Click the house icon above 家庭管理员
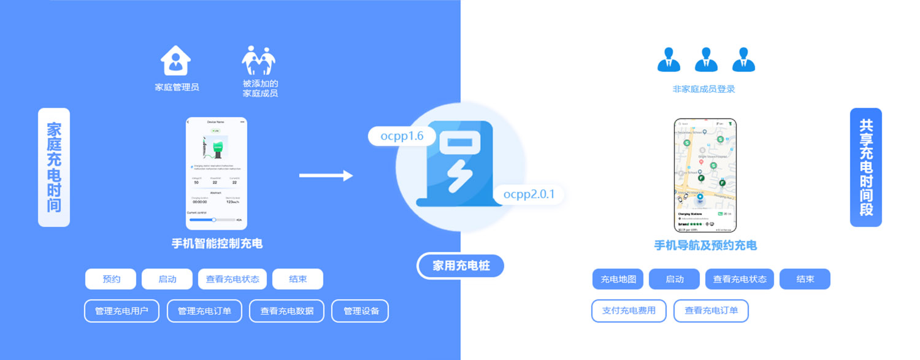[x=176, y=60]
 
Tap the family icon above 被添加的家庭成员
[x=258, y=60]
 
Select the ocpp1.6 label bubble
[x=402, y=136]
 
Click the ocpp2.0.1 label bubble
[x=529, y=194]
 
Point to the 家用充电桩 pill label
[x=461, y=266]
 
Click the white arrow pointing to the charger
[x=326, y=176]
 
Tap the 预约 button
[x=111, y=279]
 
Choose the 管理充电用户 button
[x=121, y=311]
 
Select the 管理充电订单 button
[x=204, y=311]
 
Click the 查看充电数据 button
[x=287, y=311]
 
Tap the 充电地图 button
[x=618, y=279]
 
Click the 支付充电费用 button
[x=629, y=310]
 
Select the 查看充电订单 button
[x=711, y=310]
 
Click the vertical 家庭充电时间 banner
[x=54, y=167]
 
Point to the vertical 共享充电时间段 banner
[x=866, y=167]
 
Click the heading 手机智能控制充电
[x=217, y=243]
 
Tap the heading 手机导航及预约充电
[x=705, y=245]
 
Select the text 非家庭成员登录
[x=703, y=89]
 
